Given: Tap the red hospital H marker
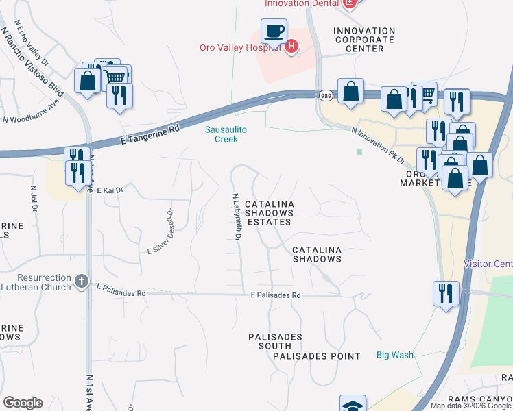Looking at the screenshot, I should point(291,47).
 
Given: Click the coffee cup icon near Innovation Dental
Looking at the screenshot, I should point(274,32).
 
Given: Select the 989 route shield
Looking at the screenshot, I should point(326,96).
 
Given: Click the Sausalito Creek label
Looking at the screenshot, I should point(221,134).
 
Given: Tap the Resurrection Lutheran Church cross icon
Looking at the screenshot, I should point(81,281).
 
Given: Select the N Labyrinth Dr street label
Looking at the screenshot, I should point(236,216).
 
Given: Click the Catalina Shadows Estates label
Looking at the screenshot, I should point(270,213).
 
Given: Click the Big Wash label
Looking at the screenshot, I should point(394,355).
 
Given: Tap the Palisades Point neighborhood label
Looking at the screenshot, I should point(316,356).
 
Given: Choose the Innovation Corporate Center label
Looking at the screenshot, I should point(364,40).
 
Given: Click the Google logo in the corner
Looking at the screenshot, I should point(23,403).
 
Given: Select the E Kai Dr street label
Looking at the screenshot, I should point(109,190).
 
